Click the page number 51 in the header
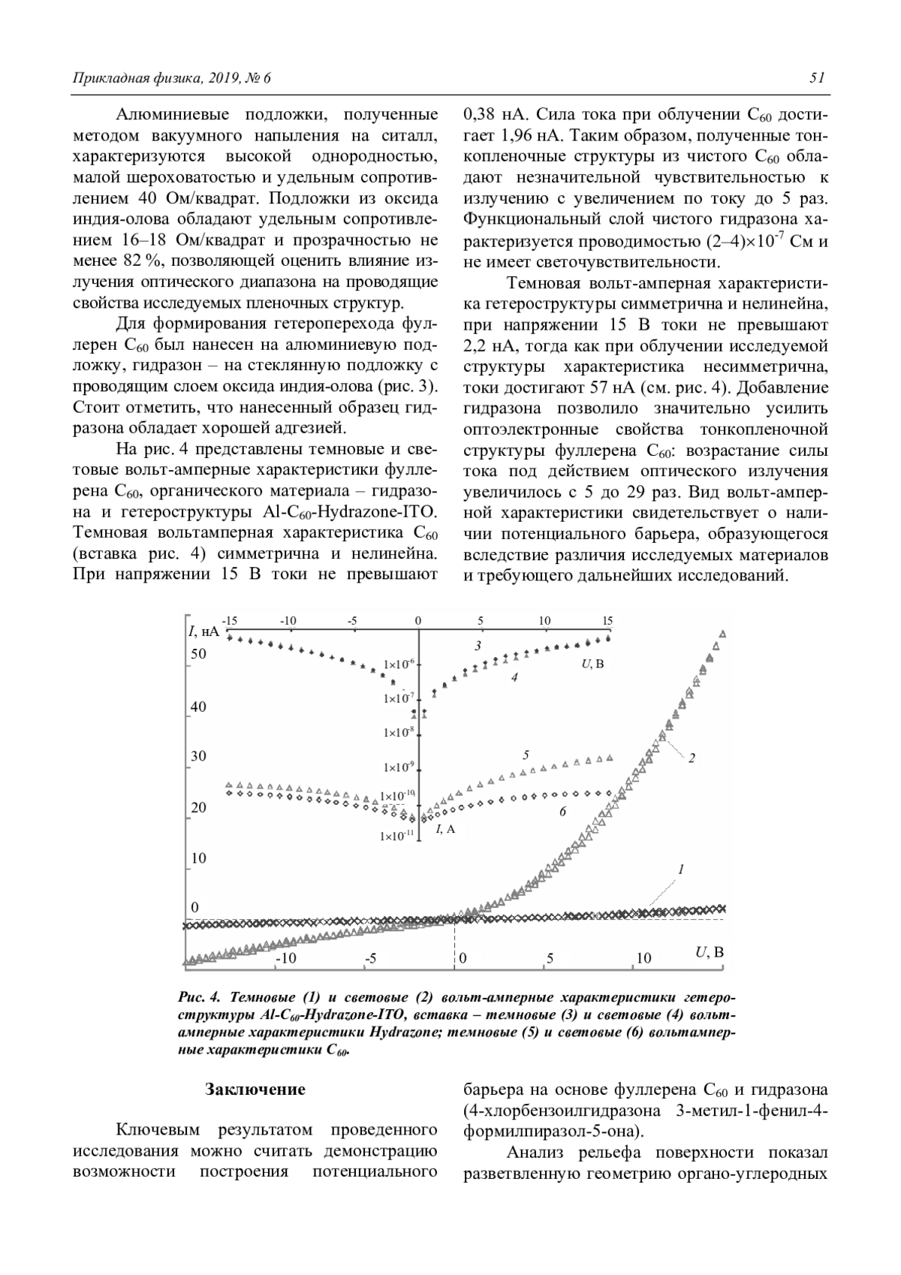(x=818, y=78)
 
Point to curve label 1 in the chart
(x=680, y=869)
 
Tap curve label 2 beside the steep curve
(x=692, y=758)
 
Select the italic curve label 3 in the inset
(x=478, y=645)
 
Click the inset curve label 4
(x=514, y=677)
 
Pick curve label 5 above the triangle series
(x=526, y=754)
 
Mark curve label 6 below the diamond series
(x=562, y=811)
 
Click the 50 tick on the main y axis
(x=197, y=654)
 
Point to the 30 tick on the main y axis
(x=197, y=756)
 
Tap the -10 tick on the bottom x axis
(x=286, y=958)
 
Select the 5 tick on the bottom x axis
(x=550, y=958)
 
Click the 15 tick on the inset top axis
(x=607, y=621)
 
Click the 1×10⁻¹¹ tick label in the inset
(x=397, y=835)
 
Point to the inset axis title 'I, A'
(x=445, y=829)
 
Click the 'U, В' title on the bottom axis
(x=709, y=953)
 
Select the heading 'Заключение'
(x=255, y=1090)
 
